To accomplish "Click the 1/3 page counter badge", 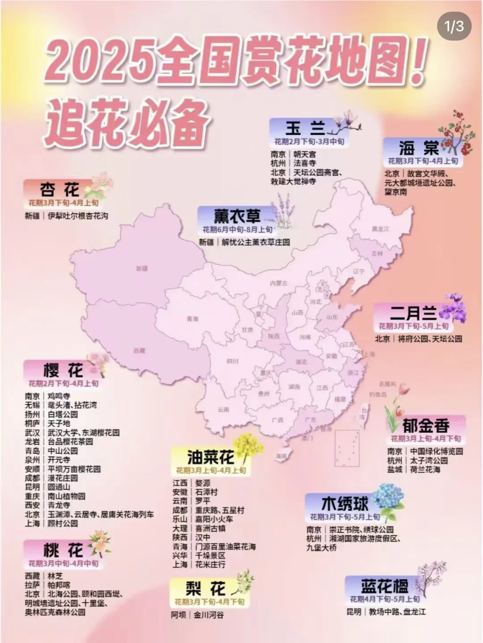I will [454, 26].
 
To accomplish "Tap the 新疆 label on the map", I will [142, 268].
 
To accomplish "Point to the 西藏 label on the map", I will [139, 351].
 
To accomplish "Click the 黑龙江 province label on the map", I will [380, 229].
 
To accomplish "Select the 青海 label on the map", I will [192, 319].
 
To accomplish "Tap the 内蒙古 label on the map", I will [279, 283].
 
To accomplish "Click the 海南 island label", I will [281, 456].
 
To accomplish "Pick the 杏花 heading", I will [59, 190].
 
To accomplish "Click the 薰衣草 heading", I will [237, 217].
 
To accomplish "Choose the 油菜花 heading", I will [210, 457].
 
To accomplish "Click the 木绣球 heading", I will [344, 504].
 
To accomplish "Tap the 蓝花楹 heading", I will [384, 586].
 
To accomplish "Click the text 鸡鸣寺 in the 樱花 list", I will [59, 396].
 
